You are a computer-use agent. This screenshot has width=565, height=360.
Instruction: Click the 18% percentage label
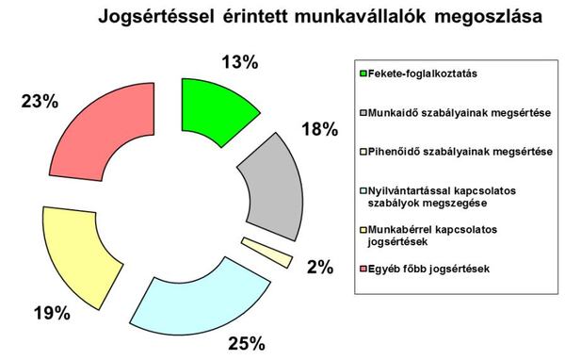click(x=318, y=129)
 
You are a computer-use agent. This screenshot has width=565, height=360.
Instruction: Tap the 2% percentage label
click(x=320, y=267)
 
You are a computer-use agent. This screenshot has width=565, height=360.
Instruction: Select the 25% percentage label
click(x=246, y=341)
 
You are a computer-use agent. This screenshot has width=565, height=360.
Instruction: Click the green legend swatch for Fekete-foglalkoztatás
click(x=364, y=73)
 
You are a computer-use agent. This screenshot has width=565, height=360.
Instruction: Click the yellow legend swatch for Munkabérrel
click(x=364, y=228)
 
